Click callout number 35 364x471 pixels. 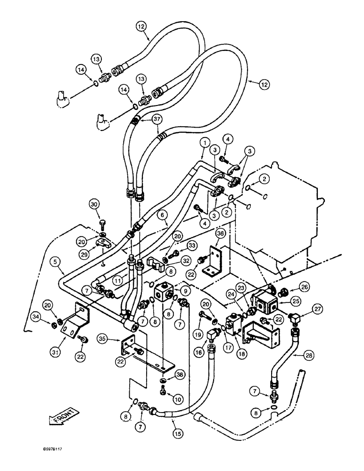[103, 338]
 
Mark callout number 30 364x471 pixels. [95, 203]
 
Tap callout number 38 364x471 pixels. [180, 374]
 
